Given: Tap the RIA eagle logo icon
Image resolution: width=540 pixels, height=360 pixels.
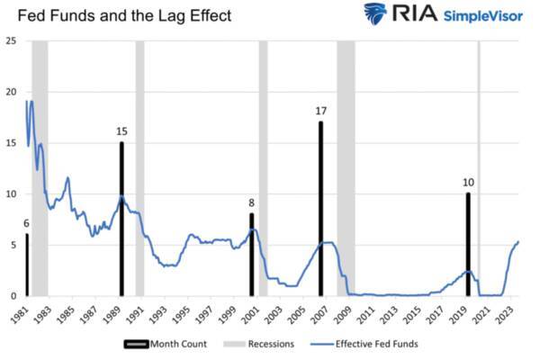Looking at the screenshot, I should click(375, 14).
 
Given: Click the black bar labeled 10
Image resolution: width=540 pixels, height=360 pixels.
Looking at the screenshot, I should click(468, 244).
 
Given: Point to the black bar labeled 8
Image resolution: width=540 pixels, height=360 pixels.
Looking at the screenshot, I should click(252, 255).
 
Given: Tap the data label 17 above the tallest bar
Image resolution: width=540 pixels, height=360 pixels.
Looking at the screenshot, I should click(320, 111).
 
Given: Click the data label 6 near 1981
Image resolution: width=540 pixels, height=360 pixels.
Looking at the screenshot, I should click(26, 223).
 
